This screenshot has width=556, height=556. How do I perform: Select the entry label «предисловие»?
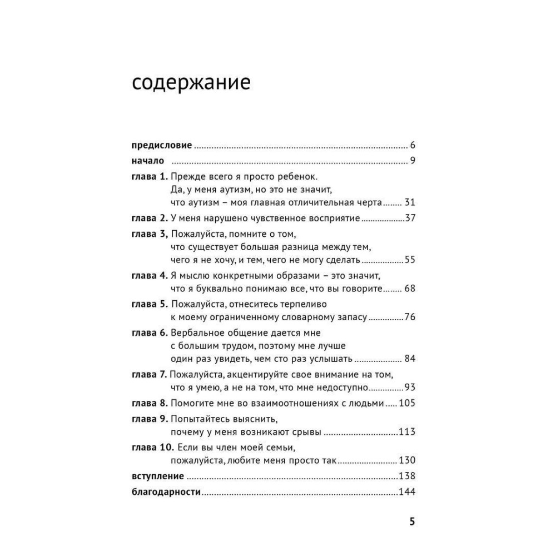click(162, 146)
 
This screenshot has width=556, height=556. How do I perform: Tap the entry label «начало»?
click(147, 161)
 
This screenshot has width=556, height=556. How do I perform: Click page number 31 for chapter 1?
click(411, 202)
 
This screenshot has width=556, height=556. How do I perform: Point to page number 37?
click(411, 218)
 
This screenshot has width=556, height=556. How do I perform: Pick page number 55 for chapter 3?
click(411, 260)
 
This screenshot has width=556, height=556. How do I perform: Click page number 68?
click(411, 289)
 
